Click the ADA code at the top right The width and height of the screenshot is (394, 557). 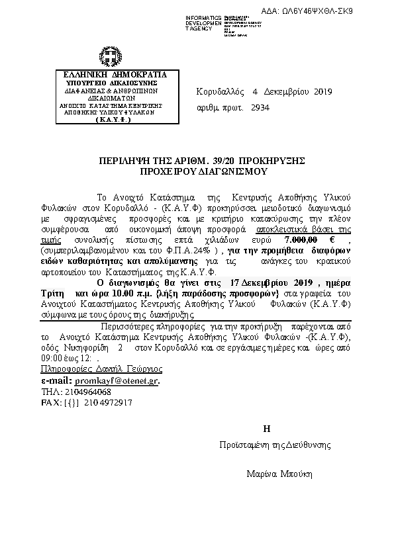click(335, 11)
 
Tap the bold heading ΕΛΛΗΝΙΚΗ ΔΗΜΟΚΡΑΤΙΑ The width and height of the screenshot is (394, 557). click(110, 74)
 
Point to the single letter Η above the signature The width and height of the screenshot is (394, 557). click(266, 428)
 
